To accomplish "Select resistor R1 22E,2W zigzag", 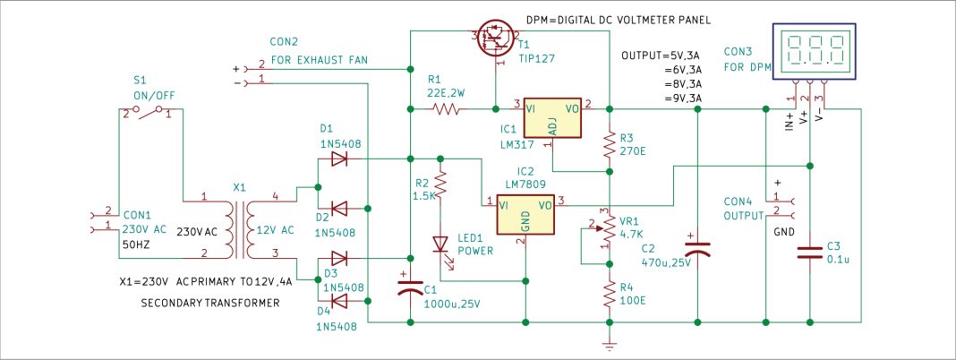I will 446,109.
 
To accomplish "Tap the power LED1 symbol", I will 440,244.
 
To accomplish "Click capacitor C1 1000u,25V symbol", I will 410,288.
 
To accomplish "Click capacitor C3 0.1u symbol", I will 810,253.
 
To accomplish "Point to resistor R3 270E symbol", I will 609,142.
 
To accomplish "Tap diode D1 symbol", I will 339,159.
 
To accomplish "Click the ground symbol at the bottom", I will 609,342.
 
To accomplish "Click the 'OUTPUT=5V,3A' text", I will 662,56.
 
